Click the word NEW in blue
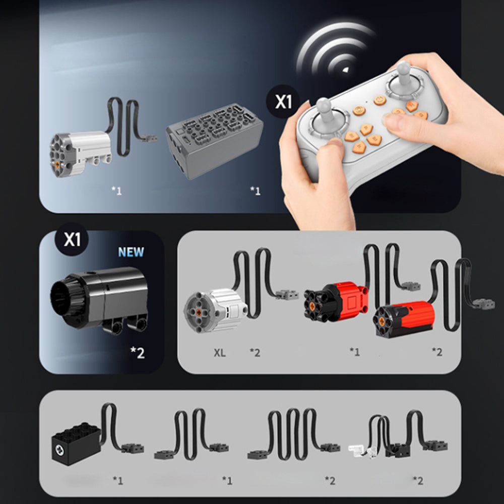point(131,252)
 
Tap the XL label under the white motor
point(220,353)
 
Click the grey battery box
point(214,141)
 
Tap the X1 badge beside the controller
point(283,102)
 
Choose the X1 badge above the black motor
point(72,239)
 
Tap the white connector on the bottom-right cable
point(357,450)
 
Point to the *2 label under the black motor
point(138,353)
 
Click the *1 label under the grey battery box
point(255,191)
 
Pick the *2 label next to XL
point(255,353)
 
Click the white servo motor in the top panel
point(80,154)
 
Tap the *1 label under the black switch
point(118,480)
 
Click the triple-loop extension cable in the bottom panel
point(294,434)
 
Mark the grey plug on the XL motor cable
point(287,294)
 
